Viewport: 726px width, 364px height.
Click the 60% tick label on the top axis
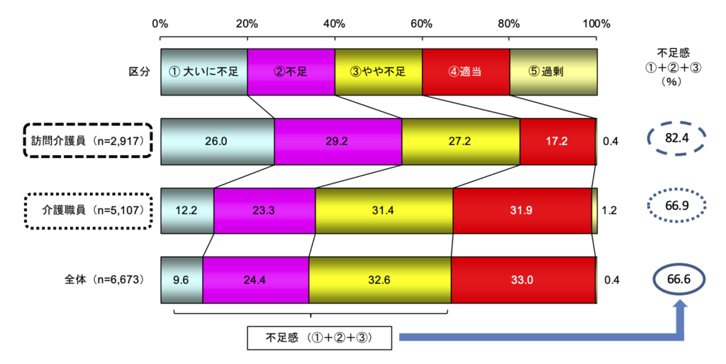point(422,23)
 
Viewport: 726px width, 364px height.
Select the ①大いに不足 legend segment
point(203,72)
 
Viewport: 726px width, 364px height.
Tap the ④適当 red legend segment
point(465,72)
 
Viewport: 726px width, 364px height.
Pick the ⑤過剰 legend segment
point(553,72)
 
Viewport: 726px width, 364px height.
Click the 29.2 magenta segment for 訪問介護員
point(337,141)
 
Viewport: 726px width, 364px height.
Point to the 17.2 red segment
point(557,141)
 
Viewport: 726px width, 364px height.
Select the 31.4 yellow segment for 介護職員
point(384,210)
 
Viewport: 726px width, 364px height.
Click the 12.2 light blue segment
point(187,210)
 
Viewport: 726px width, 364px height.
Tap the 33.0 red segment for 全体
point(523,280)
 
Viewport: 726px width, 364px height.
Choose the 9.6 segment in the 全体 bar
point(181,280)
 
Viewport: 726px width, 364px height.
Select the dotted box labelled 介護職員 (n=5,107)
point(89,210)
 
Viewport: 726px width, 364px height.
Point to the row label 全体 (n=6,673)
point(104,280)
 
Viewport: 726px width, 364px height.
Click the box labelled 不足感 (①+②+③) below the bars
point(320,338)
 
